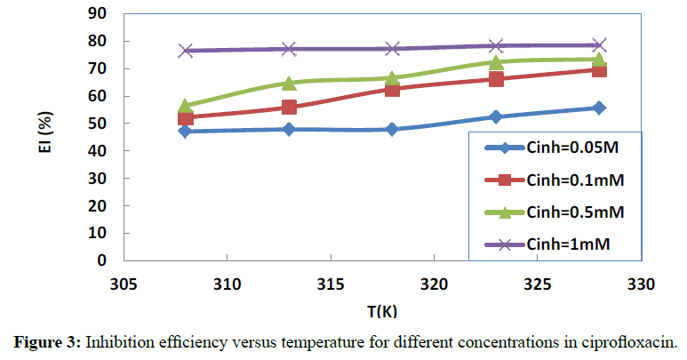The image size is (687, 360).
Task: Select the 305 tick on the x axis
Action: (x=124, y=284)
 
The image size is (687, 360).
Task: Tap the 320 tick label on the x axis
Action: (x=434, y=284)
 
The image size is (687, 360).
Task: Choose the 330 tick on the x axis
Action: (x=640, y=284)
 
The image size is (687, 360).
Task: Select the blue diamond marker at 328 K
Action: (x=599, y=108)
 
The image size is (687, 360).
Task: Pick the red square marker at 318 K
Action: (x=392, y=89)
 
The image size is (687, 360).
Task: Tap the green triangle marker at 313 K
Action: (x=289, y=83)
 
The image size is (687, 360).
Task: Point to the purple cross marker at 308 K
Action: (x=186, y=51)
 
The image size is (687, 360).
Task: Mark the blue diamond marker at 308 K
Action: (x=186, y=132)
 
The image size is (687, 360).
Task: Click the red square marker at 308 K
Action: (x=186, y=118)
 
